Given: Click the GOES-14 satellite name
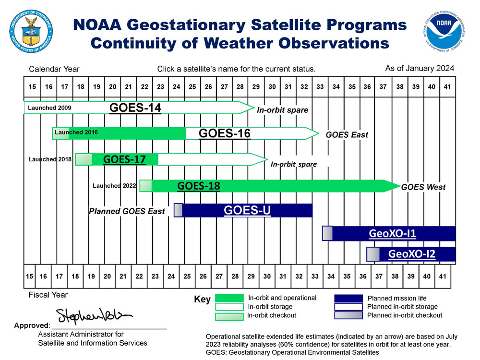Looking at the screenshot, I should coord(135,108).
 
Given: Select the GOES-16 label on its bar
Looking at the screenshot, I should coord(225,133).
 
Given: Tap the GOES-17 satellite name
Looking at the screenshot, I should coord(124,159).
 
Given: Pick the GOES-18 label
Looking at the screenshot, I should coord(199,185).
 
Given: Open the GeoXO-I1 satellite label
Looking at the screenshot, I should coord(392,234).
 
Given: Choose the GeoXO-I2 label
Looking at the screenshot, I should coord(411,254).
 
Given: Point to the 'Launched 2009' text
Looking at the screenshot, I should coord(49,108).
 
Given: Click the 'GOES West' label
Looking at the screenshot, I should coord(423,187).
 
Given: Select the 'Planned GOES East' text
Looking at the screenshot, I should coord(127,211).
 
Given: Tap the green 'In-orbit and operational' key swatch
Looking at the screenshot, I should coord(229,298).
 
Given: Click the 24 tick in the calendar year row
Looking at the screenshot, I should coord(176,87).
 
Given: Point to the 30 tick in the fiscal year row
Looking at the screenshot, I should coord(267,276).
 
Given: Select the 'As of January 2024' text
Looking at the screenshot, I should coord(420,69).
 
